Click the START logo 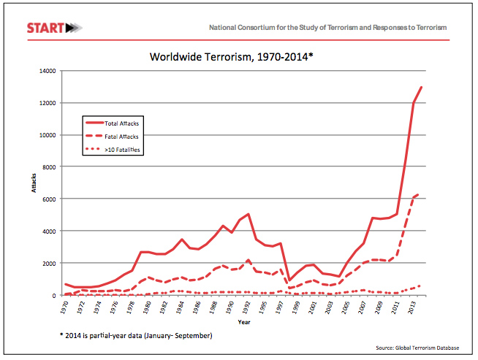point(54,28)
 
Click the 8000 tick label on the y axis point(48,166)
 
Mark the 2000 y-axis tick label point(48,263)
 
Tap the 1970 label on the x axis point(66,306)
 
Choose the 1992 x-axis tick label point(249,306)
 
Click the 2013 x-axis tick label point(414,306)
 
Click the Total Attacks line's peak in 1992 point(249,214)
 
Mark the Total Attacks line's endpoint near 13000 point(422,87)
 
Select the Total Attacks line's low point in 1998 point(289,281)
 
